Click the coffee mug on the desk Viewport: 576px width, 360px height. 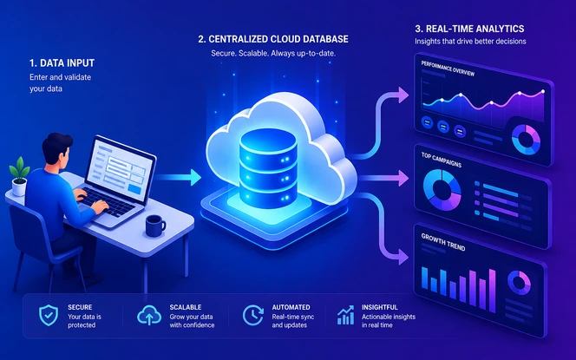(x=154, y=226)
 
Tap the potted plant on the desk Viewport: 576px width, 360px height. (x=19, y=176)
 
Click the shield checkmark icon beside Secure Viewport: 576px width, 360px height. (x=49, y=315)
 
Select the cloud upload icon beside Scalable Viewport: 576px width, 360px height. (x=149, y=315)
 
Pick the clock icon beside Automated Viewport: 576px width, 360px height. (x=253, y=315)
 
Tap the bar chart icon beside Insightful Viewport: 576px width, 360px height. (x=345, y=315)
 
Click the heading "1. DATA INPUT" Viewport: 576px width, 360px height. (x=62, y=63)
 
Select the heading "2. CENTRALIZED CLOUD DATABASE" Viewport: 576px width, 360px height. (x=273, y=39)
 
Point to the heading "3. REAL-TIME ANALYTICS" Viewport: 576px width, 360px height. (x=469, y=29)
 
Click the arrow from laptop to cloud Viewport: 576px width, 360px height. (x=178, y=178)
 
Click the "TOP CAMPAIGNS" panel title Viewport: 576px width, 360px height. (x=442, y=160)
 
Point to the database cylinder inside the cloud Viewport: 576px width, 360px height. (x=268, y=168)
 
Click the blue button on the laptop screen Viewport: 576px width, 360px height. (x=134, y=189)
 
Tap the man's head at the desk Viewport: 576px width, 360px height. (x=56, y=150)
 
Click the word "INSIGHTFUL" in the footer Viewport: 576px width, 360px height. (x=379, y=307)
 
